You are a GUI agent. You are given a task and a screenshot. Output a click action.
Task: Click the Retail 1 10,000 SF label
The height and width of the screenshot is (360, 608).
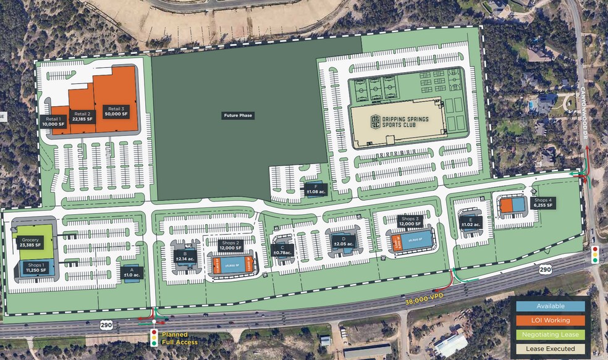[53, 121]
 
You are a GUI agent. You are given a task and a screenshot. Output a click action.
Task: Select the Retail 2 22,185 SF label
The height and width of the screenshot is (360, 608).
[82, 117]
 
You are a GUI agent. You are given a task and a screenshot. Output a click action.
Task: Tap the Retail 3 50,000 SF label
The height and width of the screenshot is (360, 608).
[116, 111]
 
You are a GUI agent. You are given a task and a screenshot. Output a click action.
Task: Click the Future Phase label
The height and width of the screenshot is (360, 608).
[238, 115]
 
